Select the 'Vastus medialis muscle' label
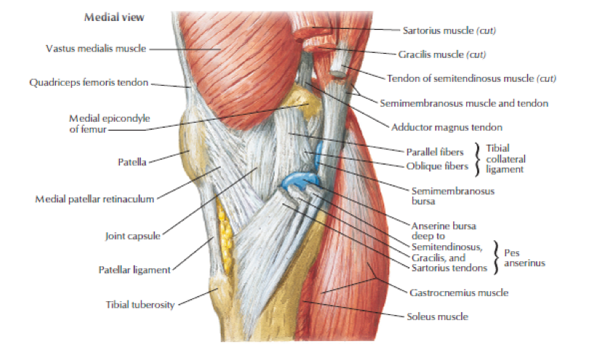point(94,49)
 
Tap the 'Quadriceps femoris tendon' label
point(89,83)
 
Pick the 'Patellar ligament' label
point(134,270)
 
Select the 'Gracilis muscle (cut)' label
point(442,54)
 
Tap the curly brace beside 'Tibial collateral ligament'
point(478,158)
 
